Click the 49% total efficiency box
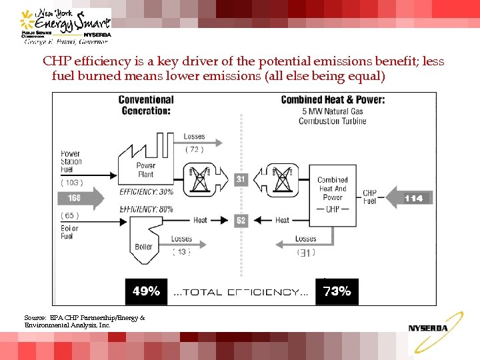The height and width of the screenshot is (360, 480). pos(146,291)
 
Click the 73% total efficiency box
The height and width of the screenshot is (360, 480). pos(337,291)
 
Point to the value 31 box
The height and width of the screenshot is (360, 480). pos(241,179)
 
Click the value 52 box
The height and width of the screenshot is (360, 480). pos(241,220)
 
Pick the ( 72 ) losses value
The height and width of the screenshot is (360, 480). pos(194,149)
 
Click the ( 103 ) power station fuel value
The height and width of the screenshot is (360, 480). pos(71,183)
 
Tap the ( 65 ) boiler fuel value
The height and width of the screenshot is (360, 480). pos(70,215)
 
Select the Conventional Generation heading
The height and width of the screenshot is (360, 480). pos(146,105)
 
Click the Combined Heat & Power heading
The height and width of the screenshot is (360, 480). pos(333,100)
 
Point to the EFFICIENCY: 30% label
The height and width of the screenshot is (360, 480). pos(147,193)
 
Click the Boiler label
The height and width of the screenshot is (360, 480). pos(143,247)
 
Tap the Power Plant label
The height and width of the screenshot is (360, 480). pos(146,170)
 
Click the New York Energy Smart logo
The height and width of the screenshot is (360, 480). pos(65,25)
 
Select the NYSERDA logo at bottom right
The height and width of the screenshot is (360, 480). pos(429,327)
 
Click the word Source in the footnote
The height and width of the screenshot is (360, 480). pos(35,318)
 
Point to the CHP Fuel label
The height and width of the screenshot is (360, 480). pos(369,197)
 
